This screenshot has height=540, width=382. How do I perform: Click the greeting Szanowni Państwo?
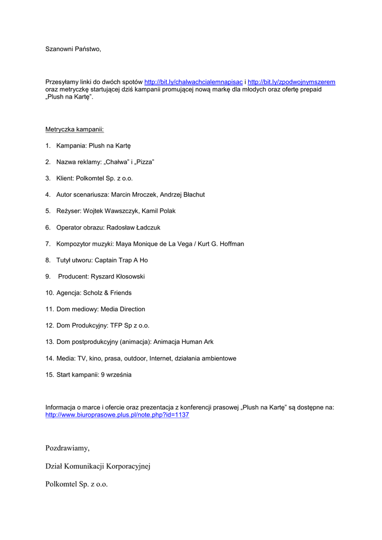pyautogui.click(x=73, y=49)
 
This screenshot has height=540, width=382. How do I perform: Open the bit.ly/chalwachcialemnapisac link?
pyautogui.click(x=193, y=82)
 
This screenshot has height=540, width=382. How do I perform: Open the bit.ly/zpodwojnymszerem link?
pyautogui.click(x=291, y=82)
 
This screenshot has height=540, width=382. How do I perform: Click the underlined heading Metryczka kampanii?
pyautogui.click(x=74, y=129)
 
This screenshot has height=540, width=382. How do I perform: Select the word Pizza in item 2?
pyautogui.click(x=145, y=162)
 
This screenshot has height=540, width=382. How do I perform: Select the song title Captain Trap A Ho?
pyautogui.click(x=121, y=260)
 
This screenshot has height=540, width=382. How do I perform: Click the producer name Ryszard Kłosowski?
pyautogui.click(x=117, y=276)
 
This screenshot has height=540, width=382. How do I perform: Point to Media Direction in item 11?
pyautogui.click(x=123, y=309)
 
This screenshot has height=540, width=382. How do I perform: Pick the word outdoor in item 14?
pyautogui.click(x=135, y=358)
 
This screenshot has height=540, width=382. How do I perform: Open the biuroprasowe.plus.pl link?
pyautogui.click(x=117, y=415)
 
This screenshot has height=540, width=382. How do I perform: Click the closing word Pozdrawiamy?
pyautogui.click(x=67, y=448)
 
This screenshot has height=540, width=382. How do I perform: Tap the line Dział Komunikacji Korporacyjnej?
pyautogui.click(x=98, y=466)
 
